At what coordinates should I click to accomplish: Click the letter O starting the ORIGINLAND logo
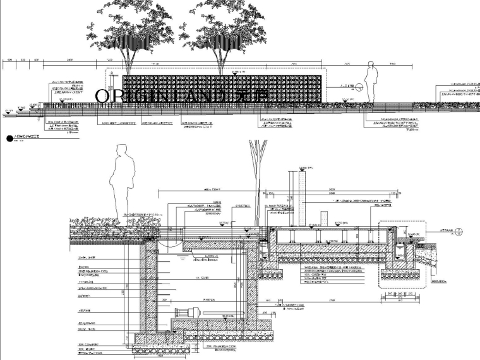click(x=102, y=95)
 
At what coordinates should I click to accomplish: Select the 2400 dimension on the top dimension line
click(x=69, y=59)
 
